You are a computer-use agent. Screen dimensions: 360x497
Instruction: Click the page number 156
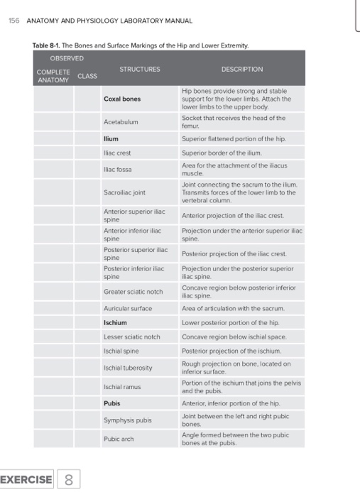tap(14, 20)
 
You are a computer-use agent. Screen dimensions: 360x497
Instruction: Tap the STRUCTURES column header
tap(140, 69)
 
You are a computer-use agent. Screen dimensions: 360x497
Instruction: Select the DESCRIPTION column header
tap(241, 69)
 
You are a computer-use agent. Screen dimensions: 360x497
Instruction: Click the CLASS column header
tap(87, 75)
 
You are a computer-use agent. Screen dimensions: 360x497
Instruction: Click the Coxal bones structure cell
tap(122, 99)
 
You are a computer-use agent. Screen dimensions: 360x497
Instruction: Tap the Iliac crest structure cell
tap(117, 152)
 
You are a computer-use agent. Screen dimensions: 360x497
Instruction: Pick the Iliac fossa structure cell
tap(117, 170)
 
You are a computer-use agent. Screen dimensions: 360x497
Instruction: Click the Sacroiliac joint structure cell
tap(125, 192)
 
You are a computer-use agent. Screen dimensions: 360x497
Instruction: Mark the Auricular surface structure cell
tap(128, 309)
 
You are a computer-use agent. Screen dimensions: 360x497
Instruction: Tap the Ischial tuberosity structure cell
tap(128, 368)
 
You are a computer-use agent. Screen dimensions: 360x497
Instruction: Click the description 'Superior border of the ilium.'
tap(222, 152)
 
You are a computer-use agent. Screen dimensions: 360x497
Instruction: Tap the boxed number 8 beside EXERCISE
tap(69, 479)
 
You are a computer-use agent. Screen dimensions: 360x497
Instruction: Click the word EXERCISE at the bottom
tap(26, 479)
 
